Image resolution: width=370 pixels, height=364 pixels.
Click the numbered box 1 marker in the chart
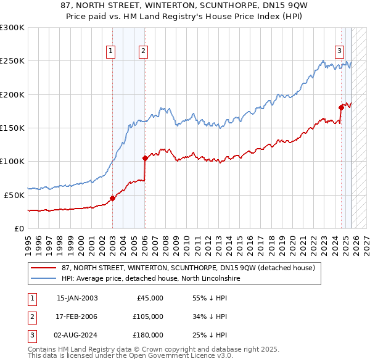111,52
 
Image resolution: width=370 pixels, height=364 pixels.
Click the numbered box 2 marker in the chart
143,52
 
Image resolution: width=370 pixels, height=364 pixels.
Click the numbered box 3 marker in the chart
339,52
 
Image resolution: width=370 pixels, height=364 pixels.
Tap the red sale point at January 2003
113,198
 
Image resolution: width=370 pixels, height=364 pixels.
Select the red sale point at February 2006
145,158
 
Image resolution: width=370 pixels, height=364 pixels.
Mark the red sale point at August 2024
341,107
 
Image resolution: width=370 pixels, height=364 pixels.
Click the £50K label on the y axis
14,195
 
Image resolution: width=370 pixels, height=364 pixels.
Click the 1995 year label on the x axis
28,242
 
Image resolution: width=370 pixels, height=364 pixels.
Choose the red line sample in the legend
43,268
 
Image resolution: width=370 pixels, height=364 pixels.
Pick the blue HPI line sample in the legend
43,278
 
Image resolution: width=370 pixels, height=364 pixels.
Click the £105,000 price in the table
149,316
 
